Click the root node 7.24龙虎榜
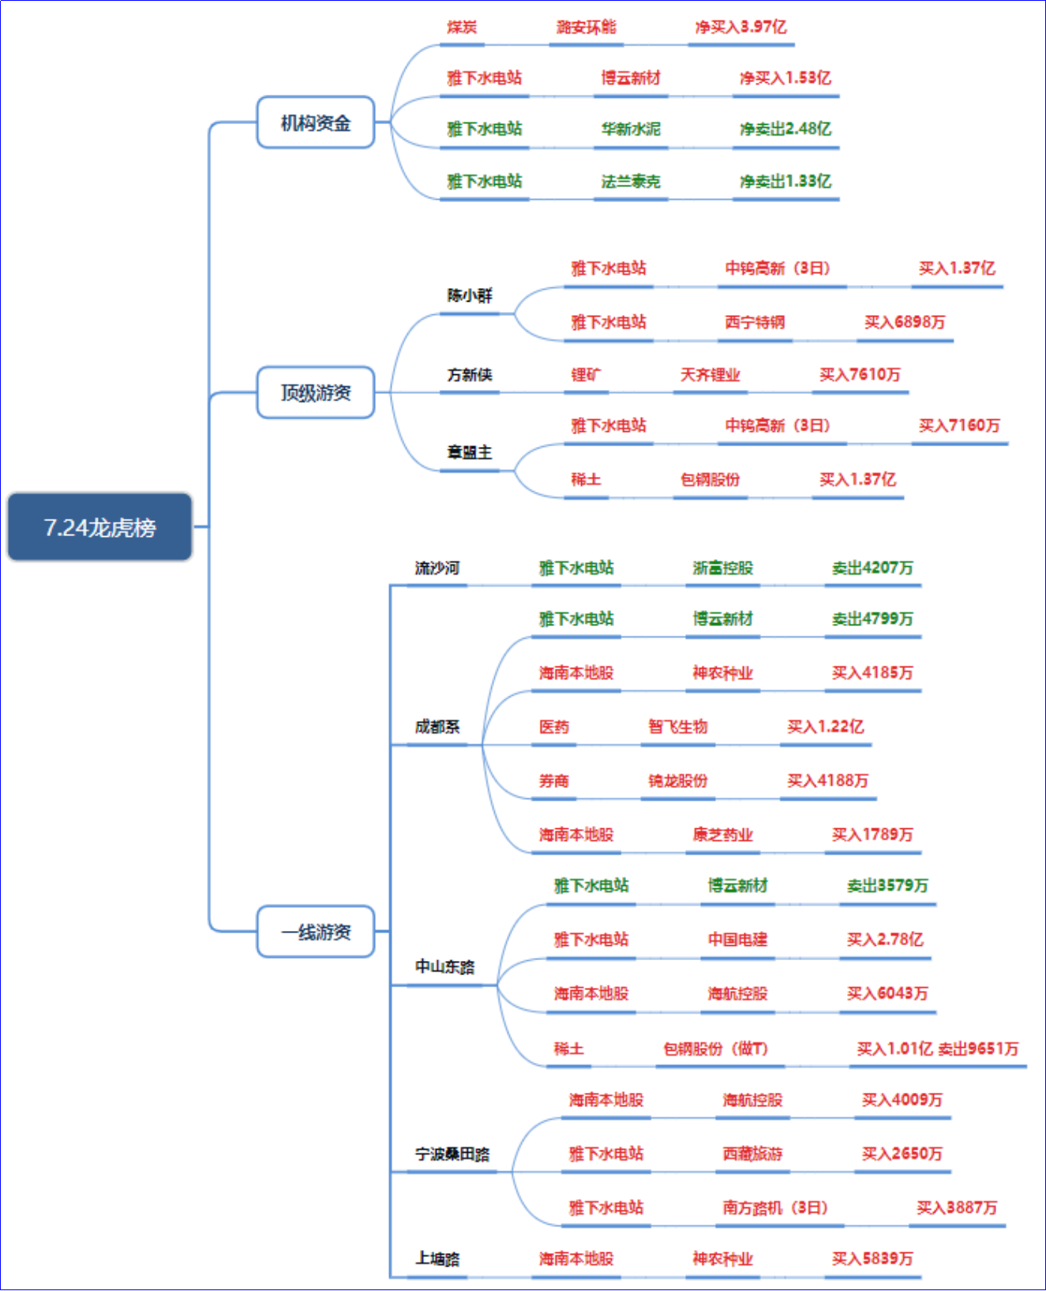[x=100, y=527]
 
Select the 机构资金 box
[x=316, y=122]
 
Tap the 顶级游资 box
[x=316, y=392]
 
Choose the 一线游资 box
[x=316, y=932]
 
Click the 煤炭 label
[x=462, y=27]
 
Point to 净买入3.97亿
[x=740, y=27]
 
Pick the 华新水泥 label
[x=631, y=129]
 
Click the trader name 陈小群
[x=470, y=295]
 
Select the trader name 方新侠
[x=470, y=374]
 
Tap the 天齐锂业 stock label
[x=710, y=374]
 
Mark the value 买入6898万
[x=905, y=322]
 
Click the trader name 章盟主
[x=470, y=452]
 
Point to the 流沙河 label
[x=437, y=568]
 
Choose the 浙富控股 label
[x=723, y=568]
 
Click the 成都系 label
[x=437, y=726]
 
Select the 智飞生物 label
[x=678, y=726]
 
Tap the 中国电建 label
[x=737, y=940]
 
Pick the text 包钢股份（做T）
[x=715, y=1049]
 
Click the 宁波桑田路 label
[x=452, y=1154]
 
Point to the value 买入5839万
[x=872, y=1259]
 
